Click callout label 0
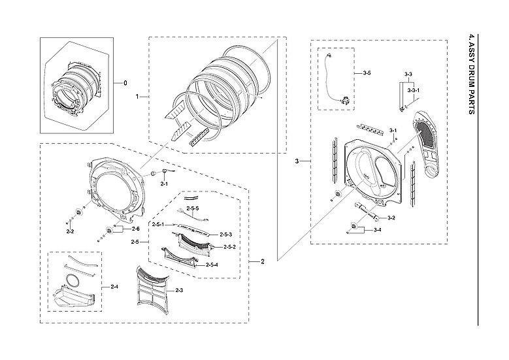coord(117,83)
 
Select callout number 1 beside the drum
coord(137,97)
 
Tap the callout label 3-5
coord(367,73)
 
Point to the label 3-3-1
coord(414,90)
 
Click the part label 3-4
coord(378,231)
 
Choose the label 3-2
coord(391,218)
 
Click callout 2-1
coord(165,185)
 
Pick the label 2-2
coord(70,231)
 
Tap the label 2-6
coord(135,229)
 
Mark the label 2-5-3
coord(226,235)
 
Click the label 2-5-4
coord(212,264)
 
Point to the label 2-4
coord(114,287)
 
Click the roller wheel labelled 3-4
coord(355,227)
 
